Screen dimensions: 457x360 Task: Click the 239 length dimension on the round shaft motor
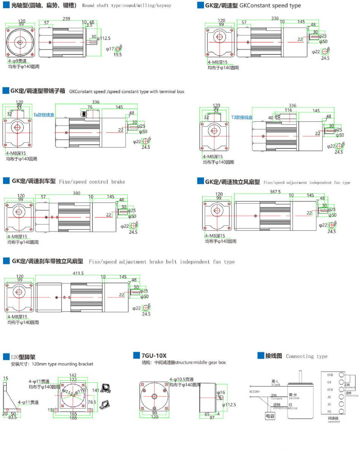(x=66, y=18)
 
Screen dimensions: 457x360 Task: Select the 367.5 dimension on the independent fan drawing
(x=275, y=192)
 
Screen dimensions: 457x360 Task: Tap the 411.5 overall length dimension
(x=78, y=273)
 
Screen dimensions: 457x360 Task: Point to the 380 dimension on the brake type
(x=76, y=193)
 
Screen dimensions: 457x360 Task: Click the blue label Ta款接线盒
(x=44, y=114)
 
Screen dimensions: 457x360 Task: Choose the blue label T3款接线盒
(x=242, y=117)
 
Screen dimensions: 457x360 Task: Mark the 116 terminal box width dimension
(x=288, y=110)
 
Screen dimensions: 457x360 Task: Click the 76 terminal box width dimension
(x=90, y=107)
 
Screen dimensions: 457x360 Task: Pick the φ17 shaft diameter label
(x=109, y=49)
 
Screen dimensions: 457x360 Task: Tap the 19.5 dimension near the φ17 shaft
(x=118, y=55)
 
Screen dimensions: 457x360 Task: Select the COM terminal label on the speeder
(x=330, y=375)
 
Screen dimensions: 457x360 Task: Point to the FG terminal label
(x=330, y=411)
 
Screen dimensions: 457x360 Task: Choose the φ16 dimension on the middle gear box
(x=221, y=392)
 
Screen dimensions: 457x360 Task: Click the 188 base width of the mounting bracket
(x=73, y=418)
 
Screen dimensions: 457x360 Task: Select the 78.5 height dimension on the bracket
(x=92, y=402)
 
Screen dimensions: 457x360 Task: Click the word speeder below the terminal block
(x=333, y=422)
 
